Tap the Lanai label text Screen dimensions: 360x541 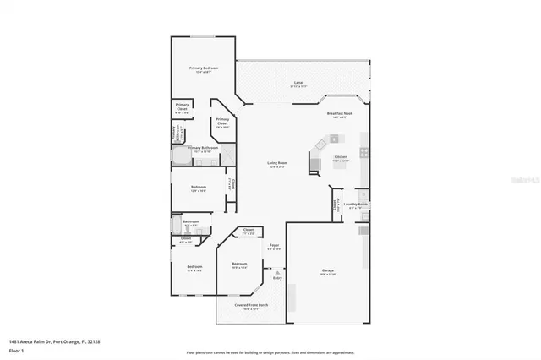coord(299,82)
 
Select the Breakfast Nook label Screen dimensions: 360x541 coord(340,114)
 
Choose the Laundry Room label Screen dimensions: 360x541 coord(358,205)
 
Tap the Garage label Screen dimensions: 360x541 coord(328,271)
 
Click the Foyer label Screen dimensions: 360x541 coord(275,247)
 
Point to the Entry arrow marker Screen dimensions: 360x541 coord(276,272)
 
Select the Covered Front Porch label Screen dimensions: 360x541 coord(251,307)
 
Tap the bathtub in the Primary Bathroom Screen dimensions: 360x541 coord(182,155)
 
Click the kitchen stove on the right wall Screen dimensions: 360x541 coord(364,153)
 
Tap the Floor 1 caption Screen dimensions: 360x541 coord(16,350)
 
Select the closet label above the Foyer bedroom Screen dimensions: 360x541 coord(249,231)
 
